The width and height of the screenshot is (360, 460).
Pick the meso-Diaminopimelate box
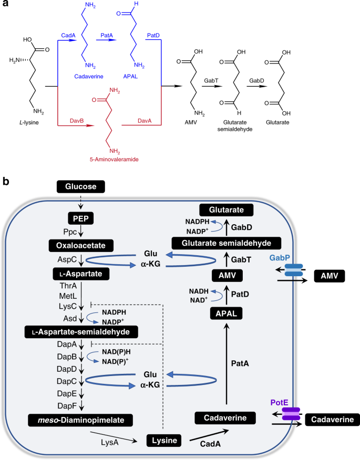point(78,420)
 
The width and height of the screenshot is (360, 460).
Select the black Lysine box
point(163,440)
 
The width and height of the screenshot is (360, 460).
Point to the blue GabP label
point(281,259)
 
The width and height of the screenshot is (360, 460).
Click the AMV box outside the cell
point(329,275)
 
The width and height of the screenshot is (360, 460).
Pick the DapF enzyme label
point(53,403)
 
